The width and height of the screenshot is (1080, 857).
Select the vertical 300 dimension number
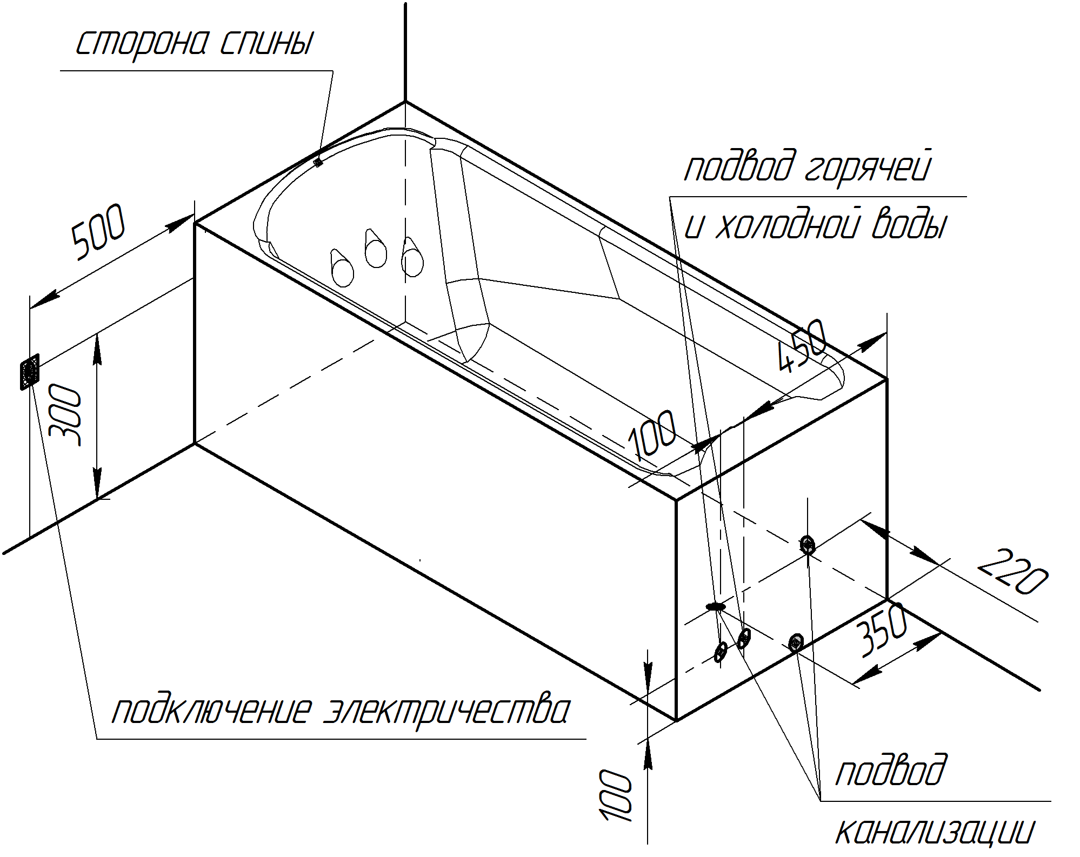tap(65, 414)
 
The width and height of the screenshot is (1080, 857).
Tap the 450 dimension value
tap(802, 346)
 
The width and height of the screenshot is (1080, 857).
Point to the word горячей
tap(868, 168)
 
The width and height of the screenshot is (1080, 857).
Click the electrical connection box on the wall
tap(30, 371)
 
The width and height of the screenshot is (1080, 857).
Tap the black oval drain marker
tap(715, 607)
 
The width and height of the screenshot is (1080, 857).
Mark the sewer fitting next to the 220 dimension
tap(807, 544)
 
